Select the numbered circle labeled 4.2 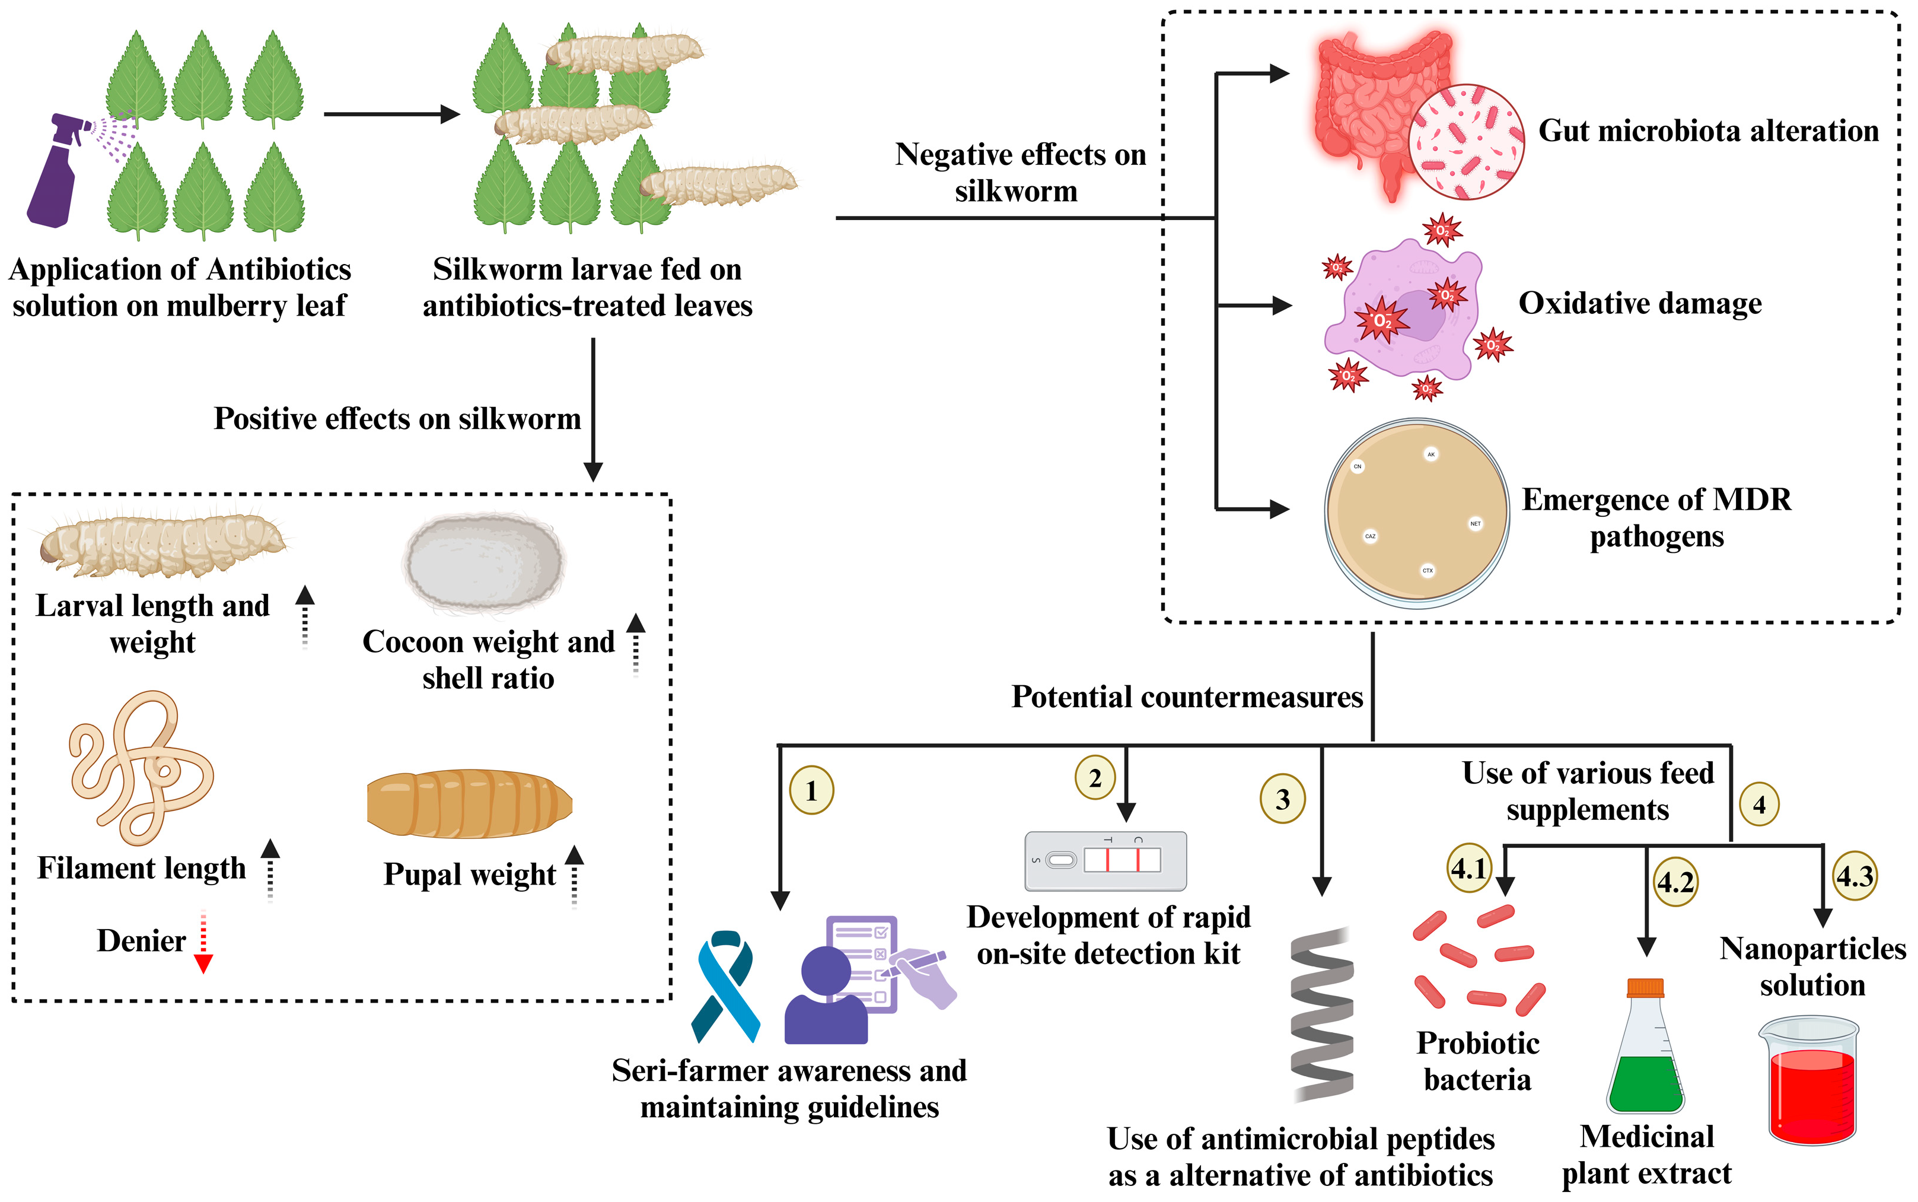click(x=1675, y=882)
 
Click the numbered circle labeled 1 click(x=811, y=791)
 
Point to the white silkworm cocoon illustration click(x=484, y=563)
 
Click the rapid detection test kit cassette click(x=1105, y=861)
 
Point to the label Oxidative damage click(x=1640, y=304)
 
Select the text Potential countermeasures click(x=1186, y=697)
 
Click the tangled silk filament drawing click(x=141, y=767)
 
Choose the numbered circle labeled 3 click(x=1282, y=799)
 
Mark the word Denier click(x=141, y=941)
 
